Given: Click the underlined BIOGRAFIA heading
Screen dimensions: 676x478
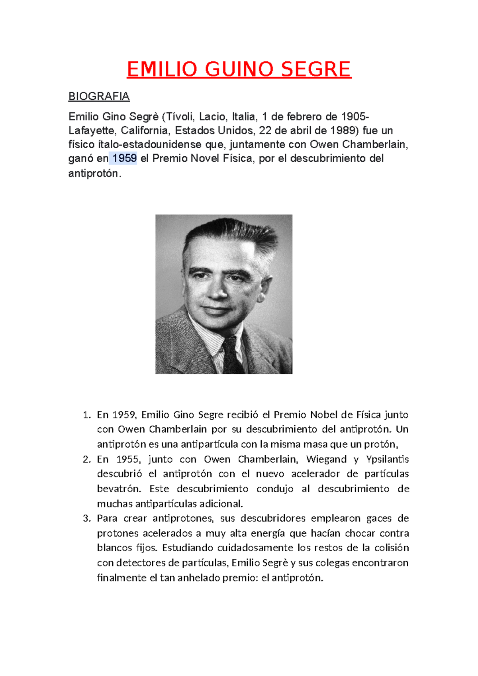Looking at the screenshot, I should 99,96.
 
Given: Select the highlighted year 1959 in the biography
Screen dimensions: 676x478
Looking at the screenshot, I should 125,159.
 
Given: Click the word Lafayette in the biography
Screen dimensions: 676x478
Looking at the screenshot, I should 93,131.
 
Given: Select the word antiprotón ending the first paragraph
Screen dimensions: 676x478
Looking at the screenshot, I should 94,174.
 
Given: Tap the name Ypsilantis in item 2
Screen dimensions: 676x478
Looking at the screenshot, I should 388,460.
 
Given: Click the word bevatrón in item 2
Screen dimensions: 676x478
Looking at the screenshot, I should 119,489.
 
